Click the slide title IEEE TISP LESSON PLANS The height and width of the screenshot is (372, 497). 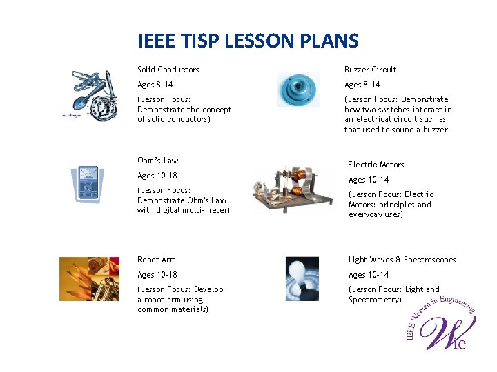click(x=248, y=41)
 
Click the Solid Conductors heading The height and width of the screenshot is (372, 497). click(x=168, y=70)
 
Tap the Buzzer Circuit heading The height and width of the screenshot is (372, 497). click(x=370, y=70)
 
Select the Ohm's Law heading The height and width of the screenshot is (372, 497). click(x=157, y=161)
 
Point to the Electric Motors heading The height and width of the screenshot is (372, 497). click(x=376, y=165)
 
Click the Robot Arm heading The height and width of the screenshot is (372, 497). click(x=156, y=260)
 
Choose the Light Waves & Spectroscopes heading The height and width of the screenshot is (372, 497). click(x=402, y=260)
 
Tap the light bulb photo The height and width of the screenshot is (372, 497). click(x=302, y=278)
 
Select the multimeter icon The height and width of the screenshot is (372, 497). click(x=87, y=183)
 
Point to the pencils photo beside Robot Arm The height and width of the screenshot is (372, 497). click(x=89, y=278)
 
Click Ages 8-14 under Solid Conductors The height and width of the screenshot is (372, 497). click(x=155, y=85)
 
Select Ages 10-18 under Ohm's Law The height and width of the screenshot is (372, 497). click(x=157, y=176)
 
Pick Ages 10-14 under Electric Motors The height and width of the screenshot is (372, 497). click(x=368, y=180)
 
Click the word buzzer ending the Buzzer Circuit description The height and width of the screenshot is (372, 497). click(x=435, y=130)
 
